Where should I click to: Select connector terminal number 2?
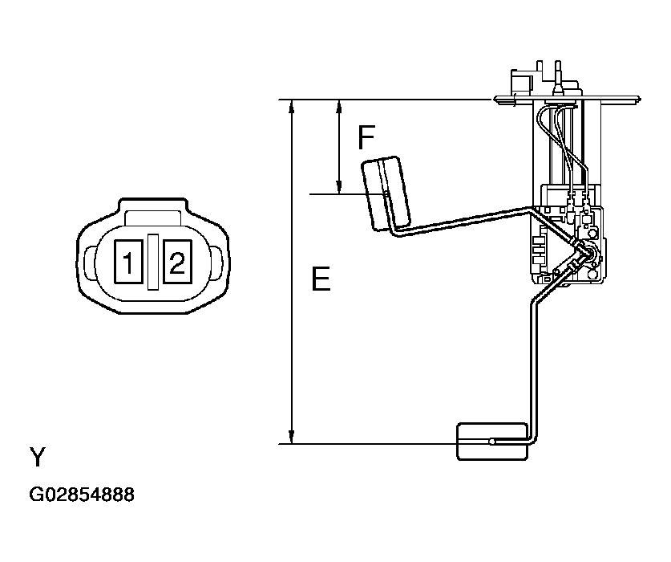coord(176,260)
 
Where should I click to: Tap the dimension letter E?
coord(320,279)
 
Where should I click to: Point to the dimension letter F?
coord(366,139)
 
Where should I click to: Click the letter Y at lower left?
coord(38,458)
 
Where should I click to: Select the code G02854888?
coord(82,495)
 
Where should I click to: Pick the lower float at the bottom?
coord(491,441)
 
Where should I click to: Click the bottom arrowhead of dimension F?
coord(340,188)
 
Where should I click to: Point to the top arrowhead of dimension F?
coord(340,106)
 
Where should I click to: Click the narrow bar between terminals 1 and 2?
coord(152,260)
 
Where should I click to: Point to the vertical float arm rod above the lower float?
coord(530,361)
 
